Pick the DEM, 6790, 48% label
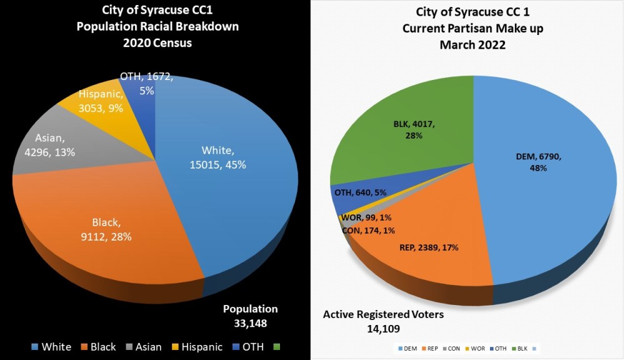(539, 162)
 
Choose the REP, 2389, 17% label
(429, 247)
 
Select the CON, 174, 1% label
(369, 231)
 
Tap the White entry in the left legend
(51, 347)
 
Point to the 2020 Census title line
(156, 43)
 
